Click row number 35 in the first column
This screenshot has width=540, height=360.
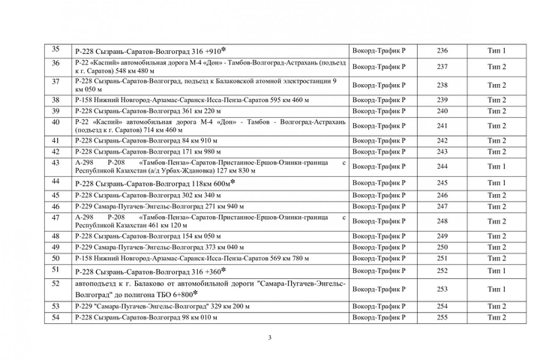tap(55, 50)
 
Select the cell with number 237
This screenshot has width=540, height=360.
tap(442, 67)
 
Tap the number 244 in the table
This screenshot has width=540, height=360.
tap(442, 166)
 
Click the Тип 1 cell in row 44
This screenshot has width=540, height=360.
tap(496, 183)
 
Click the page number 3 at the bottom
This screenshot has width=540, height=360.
tap(269, 337)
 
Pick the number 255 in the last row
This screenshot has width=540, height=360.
tap(442, 318)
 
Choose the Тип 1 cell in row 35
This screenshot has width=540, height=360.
tap(496, 51)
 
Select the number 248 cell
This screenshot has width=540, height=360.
tap(442, 221)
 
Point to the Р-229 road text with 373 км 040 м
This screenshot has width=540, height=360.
tap(160, 247)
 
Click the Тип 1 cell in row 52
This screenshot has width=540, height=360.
tap(496, 289)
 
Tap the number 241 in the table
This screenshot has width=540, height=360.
tap(442, 126)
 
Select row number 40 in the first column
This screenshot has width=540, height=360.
tap(55, 121)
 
